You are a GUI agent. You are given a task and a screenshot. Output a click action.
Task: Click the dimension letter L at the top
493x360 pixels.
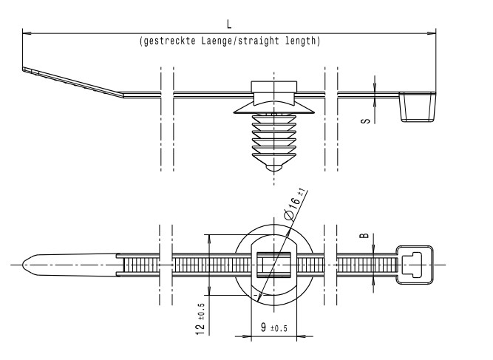click(228, 25)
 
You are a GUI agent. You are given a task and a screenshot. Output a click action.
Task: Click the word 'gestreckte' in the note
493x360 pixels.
click(168, 41)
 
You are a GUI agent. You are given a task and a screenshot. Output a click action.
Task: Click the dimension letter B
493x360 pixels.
click(364, 237)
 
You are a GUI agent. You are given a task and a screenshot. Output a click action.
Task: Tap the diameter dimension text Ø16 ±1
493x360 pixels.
click(294, 207)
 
